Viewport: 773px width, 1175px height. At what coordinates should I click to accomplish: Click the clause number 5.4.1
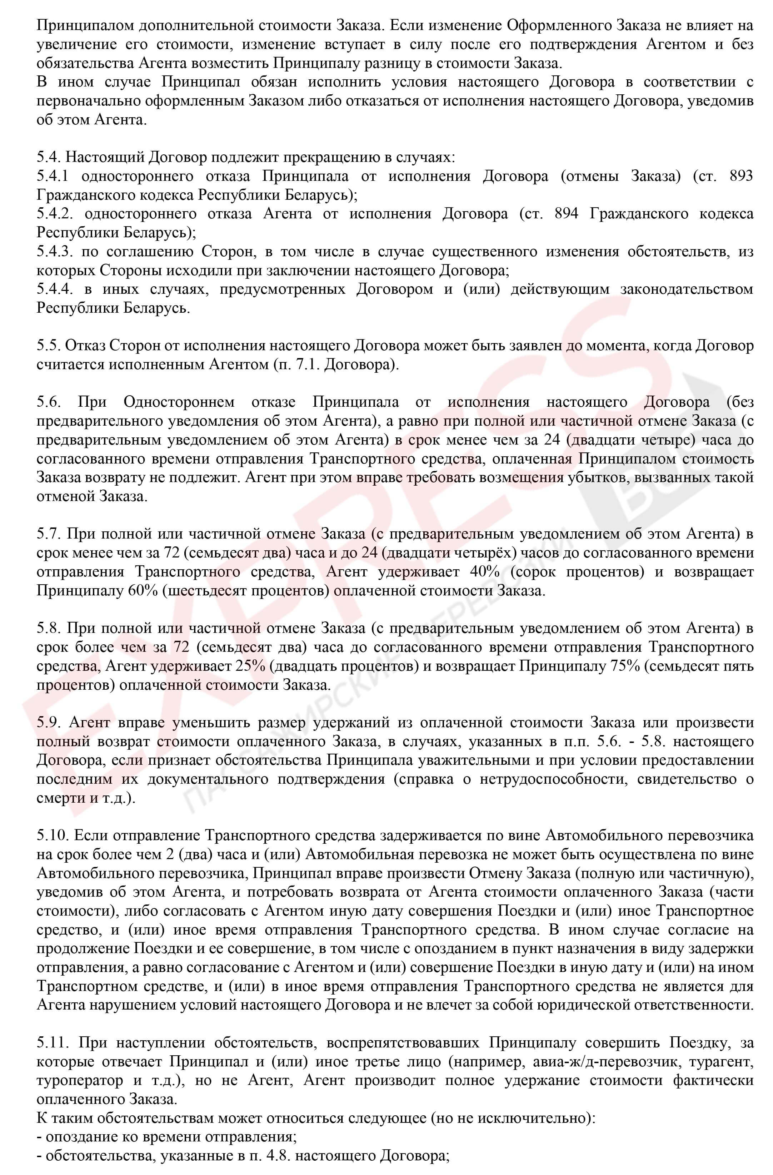pos(54,176)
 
